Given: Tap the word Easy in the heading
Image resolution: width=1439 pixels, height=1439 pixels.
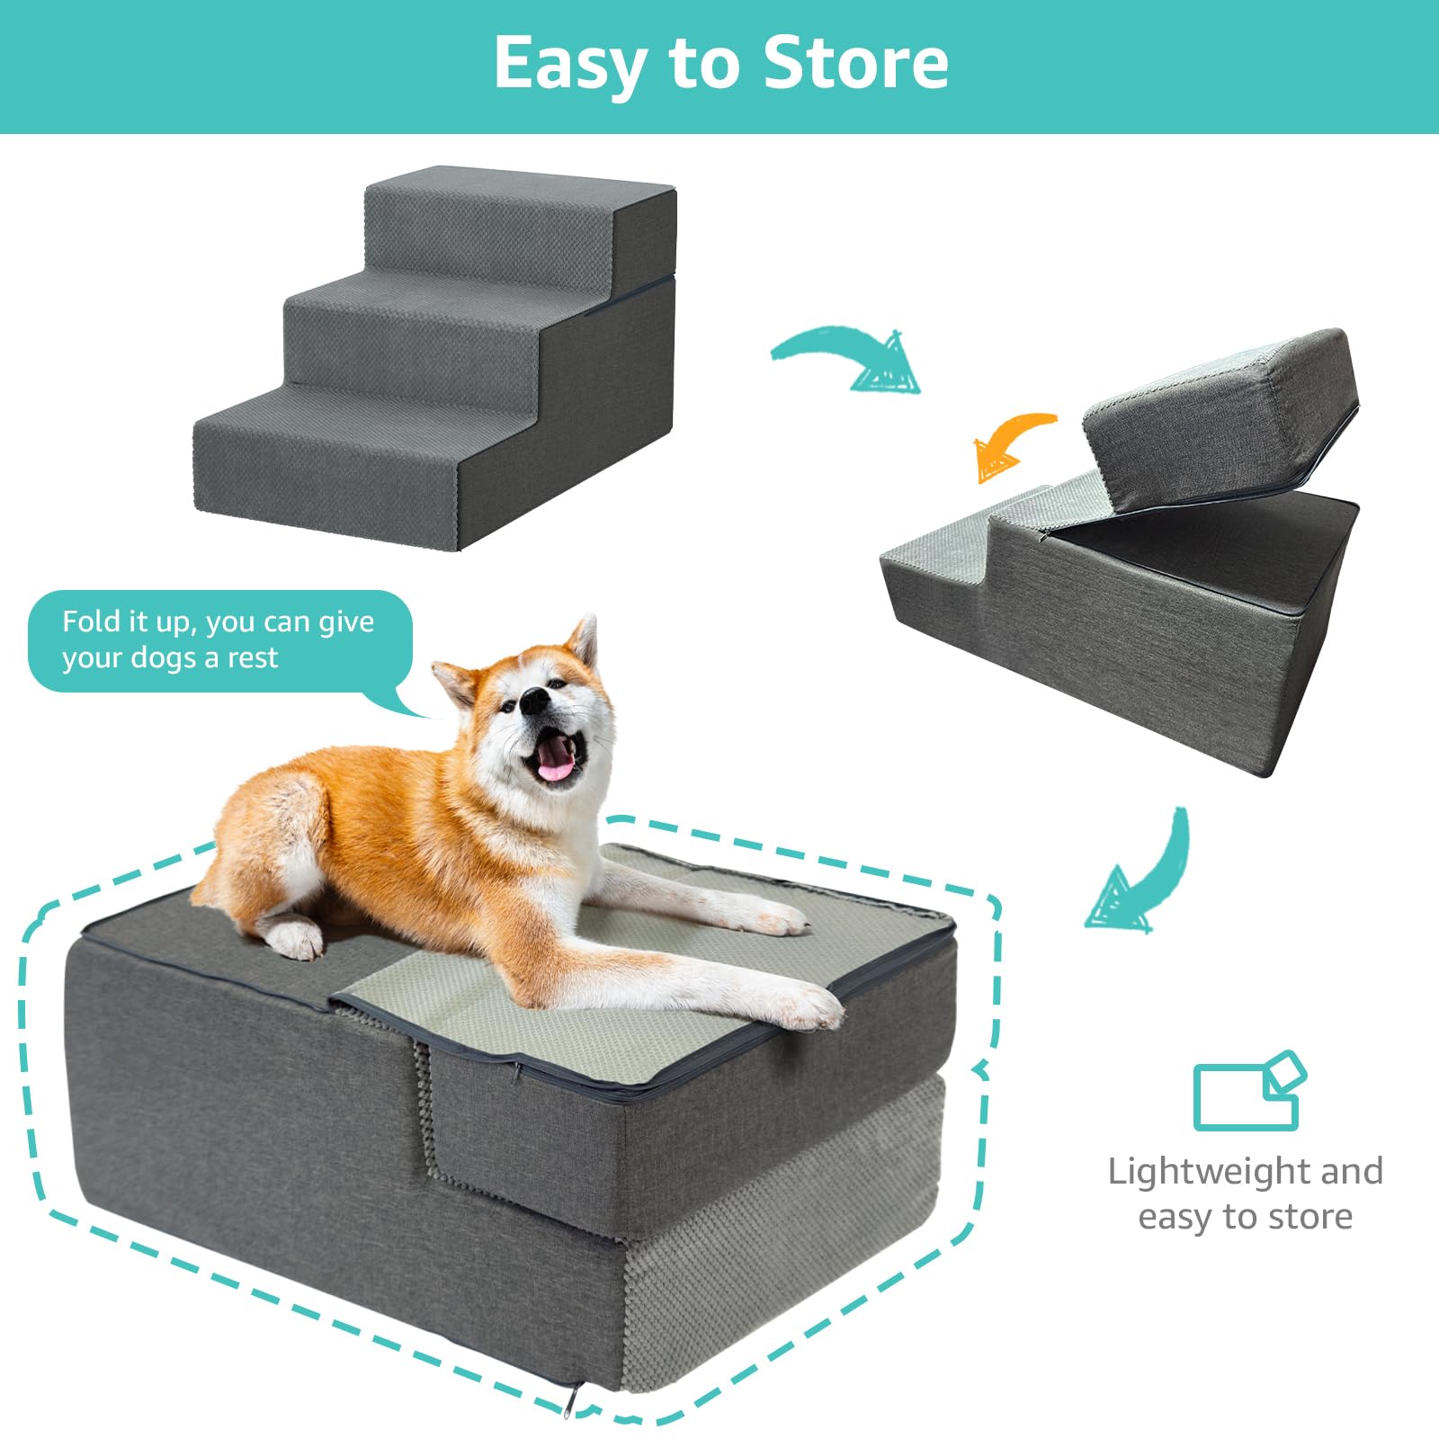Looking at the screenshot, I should coord(570,65).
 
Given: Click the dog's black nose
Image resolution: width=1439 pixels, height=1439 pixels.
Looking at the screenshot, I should coord(535,700).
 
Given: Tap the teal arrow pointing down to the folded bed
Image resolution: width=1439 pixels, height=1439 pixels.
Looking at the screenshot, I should coord(1140,878).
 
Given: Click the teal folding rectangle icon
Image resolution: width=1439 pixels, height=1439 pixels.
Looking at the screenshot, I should coord(1248,1091).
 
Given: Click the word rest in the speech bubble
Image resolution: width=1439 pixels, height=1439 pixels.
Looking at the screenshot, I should coord(253,658).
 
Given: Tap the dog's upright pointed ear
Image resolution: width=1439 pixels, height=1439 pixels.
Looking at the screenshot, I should coord(584,642).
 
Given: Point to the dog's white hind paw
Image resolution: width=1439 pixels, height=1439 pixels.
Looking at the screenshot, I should coord(295,938).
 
